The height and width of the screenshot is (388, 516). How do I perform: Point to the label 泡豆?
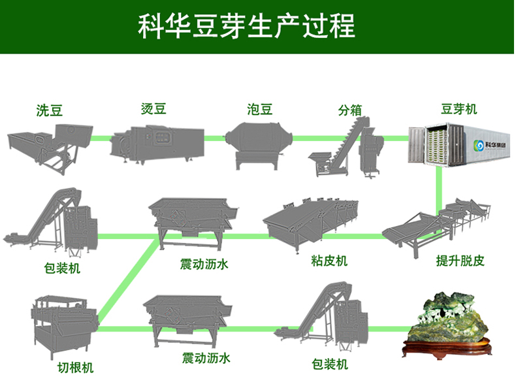259,108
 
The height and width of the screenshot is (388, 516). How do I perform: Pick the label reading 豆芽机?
459,108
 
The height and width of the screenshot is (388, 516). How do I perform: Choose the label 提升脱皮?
460,261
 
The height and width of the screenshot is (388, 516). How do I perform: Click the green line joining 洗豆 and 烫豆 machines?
98,138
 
